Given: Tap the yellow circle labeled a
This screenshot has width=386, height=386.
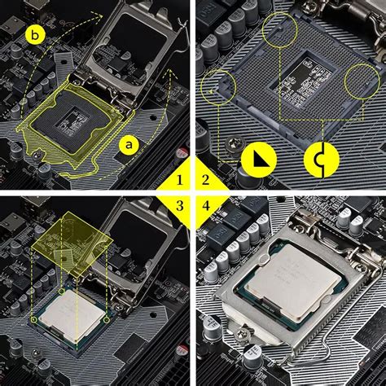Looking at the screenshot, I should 129,144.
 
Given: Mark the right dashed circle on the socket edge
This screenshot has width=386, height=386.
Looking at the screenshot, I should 362,82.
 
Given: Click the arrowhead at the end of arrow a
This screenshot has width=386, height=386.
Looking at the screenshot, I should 169,73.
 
